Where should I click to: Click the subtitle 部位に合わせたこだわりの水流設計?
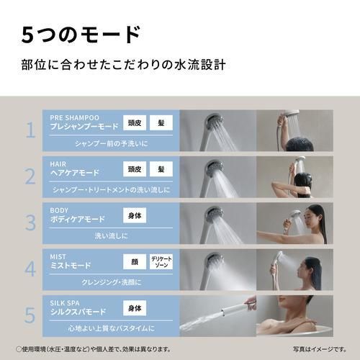click(x=124, y=65)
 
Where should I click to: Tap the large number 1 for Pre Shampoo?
click(x=30, y=130)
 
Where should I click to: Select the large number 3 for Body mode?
click(x=30, y=222)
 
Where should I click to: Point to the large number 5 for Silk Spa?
click(x=30, y=315)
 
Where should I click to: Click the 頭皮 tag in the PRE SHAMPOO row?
click(x=135, y=123)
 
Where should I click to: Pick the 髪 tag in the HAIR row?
click(x=161, y=169)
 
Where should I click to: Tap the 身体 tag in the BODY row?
click(x=135, y=215)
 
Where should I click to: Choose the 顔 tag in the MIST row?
click(x=135, y=261)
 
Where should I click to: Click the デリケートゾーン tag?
click(x=161, y=261)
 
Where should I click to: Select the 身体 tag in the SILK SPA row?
click(x=135, y=308)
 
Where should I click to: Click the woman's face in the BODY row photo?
click(x=315, y=214)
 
